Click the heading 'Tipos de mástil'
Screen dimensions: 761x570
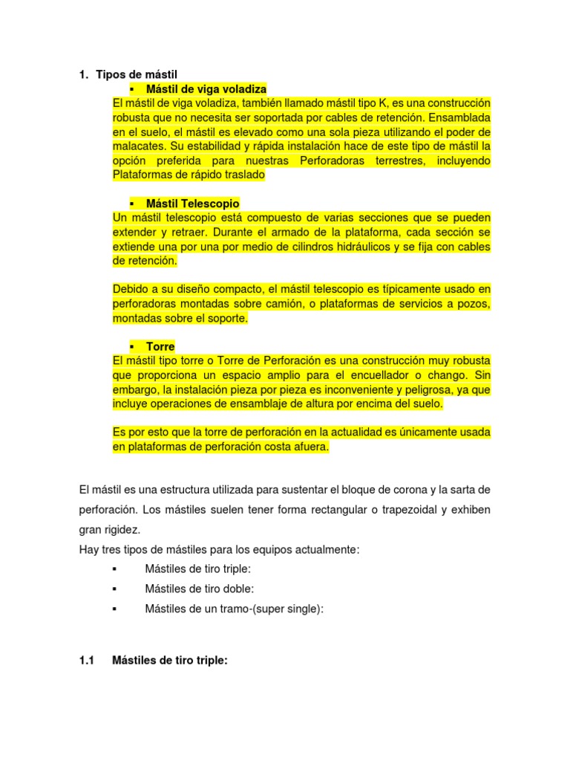[137, 74]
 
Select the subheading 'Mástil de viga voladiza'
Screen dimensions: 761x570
[206, 89]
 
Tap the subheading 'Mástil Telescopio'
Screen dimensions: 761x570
[192, 203]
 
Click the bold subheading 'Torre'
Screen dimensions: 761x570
[160, 346]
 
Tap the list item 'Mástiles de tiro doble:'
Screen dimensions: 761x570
[200, 588]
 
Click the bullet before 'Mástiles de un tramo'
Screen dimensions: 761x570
[114, 609]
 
